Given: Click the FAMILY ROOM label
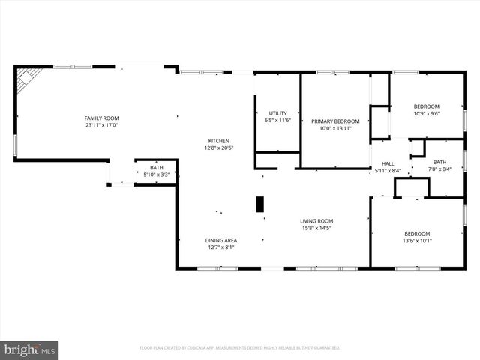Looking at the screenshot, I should pyautogui.click(x=101, y=118).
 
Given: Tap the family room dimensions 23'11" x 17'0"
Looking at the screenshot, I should pyautogui.click(x=101, y=126).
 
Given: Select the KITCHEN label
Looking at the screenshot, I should pyautogui.click(x=219, y=141).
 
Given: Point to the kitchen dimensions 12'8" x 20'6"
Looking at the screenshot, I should pyautogui.click(x=219, y=148).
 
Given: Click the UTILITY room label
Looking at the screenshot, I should pyautogui.click(x=277, y=112).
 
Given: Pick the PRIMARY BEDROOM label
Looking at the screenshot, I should pyautogui.click(x=335, y=121).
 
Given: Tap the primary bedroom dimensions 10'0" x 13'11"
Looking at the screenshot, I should pyautogui.click(x=335, y=129).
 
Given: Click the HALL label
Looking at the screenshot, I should pyautogui.click(x=388, y=163).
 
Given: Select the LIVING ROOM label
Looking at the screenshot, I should pyautogui.click(x=316, y=221).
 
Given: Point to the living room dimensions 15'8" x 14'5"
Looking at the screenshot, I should pyautogui.click(x=316, y=229).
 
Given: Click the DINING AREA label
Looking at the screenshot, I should pyautogui.click(x=221, y=240).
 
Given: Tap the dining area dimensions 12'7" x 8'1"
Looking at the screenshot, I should pyautogui.click(x=221, y=247).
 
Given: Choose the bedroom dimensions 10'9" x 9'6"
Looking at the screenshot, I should pyautogui.click(x=427, y=114).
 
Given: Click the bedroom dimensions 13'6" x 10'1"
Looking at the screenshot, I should pyautogui.click(x=417, y=241).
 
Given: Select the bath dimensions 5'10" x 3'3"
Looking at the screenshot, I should pyautogui.click(x=156, y=175).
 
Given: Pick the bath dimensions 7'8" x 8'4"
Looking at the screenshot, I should pyautogui.click(x=439, y=170).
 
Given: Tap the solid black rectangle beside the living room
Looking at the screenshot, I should pyautogui.click(x=260, y=205).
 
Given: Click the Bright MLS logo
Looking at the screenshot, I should pyautogui.click(x=30, y=349).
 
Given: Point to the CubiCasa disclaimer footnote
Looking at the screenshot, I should pyautogui.click(x=240, y=348).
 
